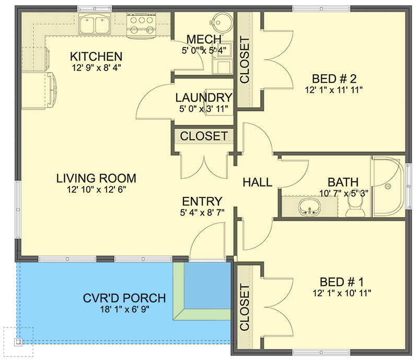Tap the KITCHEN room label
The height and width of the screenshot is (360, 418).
point(97,56)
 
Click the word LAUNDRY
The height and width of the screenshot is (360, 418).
point(203,98)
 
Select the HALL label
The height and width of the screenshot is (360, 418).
point(257,182)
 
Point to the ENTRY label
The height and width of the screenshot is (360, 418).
point(202,202)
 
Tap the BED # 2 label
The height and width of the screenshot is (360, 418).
point(334,79)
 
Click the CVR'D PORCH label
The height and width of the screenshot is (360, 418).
point(124,298)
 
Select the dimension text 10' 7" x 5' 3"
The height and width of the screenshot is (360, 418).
point(343,193)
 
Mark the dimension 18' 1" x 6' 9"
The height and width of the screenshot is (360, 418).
point(124,310)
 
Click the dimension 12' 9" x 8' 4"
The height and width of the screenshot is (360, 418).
point(97,67)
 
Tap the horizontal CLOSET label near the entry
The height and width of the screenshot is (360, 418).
point(204,136)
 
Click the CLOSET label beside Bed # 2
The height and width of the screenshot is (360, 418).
point(244,60)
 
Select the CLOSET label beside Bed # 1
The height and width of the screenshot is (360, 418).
point(244,308)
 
